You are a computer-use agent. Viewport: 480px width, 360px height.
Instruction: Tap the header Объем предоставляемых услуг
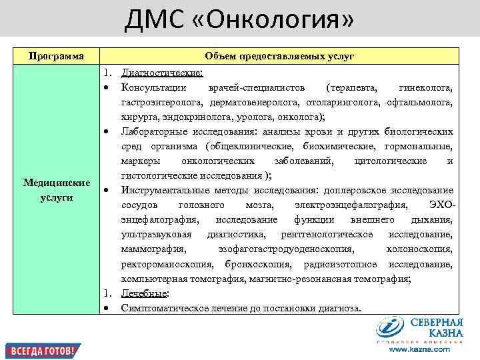279,56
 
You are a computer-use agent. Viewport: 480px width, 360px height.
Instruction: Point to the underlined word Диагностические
162,73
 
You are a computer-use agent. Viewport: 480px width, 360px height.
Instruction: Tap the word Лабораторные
153,132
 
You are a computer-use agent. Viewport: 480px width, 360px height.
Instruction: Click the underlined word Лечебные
144,293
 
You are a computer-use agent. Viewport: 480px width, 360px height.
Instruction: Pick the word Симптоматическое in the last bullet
160,308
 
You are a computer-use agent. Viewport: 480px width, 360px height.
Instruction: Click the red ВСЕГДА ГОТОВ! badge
43,351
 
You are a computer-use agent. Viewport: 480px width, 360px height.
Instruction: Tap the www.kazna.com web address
419,349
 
